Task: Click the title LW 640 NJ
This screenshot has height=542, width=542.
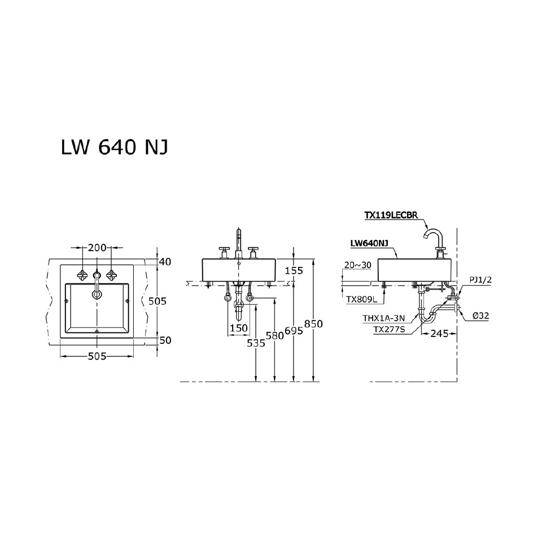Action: coord(113,147)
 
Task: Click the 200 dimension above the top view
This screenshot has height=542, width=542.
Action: coord(97,248)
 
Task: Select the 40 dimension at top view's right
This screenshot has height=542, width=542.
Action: coord(164,261)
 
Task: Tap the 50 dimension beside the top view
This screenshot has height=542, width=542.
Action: coord(164,340)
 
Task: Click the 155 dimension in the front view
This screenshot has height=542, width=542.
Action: coord(294,270)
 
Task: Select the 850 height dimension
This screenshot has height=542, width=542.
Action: coord(314,324)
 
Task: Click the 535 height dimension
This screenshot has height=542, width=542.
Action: coord(257,342)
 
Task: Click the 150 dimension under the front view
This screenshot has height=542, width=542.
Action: coord(238,328)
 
